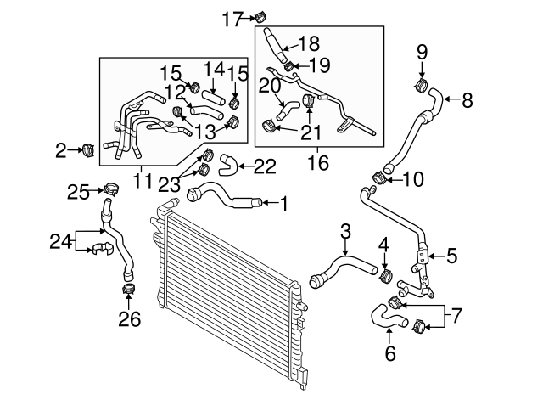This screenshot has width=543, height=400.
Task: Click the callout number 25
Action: click(x=79, y=192)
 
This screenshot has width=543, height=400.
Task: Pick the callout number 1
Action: click(x=284, y=202)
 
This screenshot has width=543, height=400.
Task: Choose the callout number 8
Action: click(x=467, y=100)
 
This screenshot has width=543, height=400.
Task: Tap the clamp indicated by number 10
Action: click(x=380, y=179)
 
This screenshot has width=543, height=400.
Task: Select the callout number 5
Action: click(x=451, y=253)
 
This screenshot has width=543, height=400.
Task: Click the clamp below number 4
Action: click(x=385, y=275)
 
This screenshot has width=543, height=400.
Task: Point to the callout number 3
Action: click(x=345, y=231)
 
